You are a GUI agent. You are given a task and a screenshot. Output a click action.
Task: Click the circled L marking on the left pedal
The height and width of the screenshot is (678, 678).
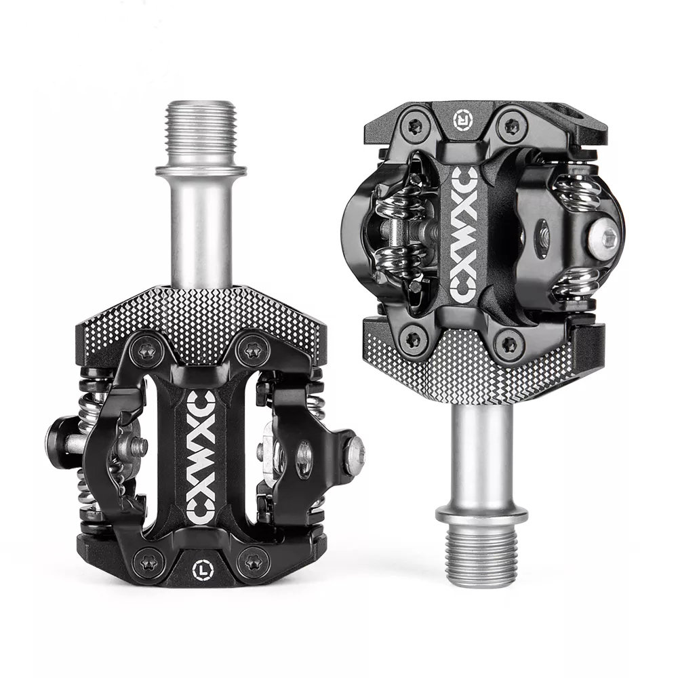point(203,570)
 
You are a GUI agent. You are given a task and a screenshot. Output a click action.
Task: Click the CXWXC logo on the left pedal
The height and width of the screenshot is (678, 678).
point(202,457)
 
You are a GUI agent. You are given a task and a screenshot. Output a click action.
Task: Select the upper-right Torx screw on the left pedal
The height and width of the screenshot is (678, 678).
point(253,349)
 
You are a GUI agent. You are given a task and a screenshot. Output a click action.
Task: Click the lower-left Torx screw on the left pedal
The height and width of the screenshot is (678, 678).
point(148,563)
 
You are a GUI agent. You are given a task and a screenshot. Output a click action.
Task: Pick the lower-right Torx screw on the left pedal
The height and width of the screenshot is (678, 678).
point(254,563)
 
